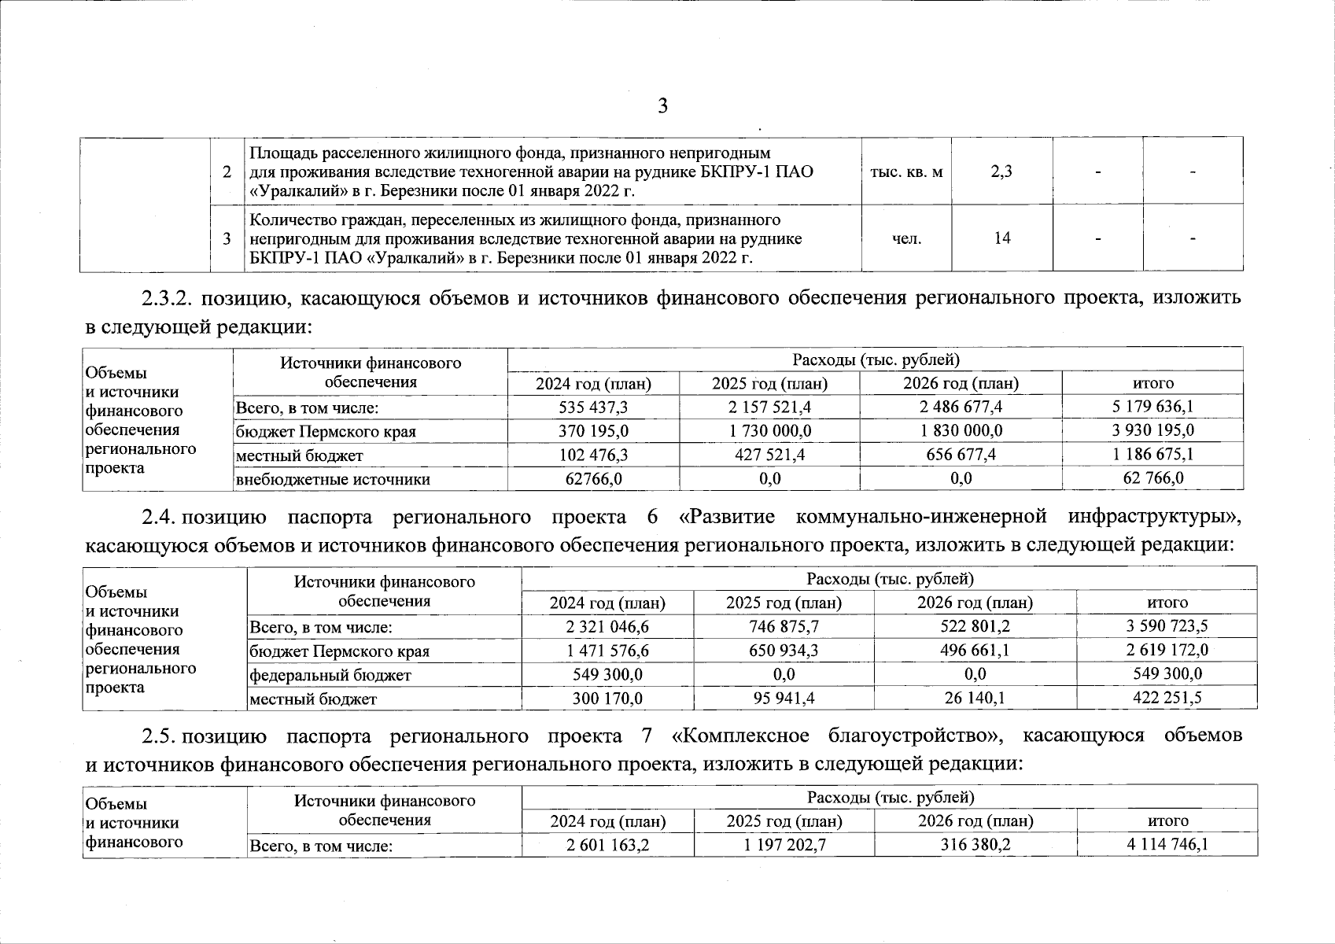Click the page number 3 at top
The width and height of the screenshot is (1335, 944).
(x=662, y=106)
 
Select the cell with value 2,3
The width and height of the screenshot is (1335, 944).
(x=1001, y=171)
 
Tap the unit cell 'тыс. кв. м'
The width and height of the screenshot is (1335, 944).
(x=906, y=171)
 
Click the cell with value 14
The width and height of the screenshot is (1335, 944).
(x=1001, y=238)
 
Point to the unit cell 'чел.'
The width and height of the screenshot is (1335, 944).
(x=906, y=238)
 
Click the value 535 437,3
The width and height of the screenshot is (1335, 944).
(x=593, y=407)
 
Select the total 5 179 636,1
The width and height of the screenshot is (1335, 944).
(x=1152, y=407)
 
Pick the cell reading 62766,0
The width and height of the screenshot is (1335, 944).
(x=594, y=478)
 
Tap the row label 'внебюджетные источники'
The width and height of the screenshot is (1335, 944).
(x=333, y=479)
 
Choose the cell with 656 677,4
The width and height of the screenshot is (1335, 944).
(x=960, y=455)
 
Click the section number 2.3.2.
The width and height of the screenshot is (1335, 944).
(x=168, y=297)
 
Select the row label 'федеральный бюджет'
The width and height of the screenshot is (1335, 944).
(x=330, y=675)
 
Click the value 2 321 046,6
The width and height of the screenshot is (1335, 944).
(x=607, y=627)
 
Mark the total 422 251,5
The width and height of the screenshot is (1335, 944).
(x=1167, y=698)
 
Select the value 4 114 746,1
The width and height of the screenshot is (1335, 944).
(x=1167, y=846)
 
